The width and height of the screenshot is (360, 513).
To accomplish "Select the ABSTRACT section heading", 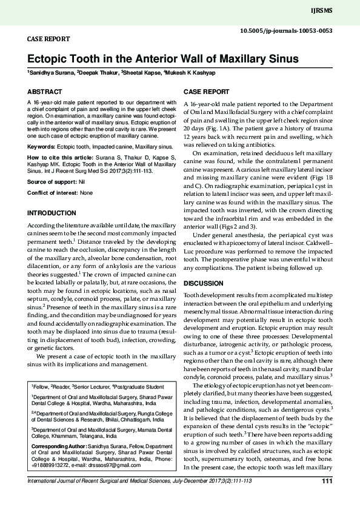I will click(44, 92).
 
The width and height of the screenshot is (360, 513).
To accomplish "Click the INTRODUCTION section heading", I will click(53, 214).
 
